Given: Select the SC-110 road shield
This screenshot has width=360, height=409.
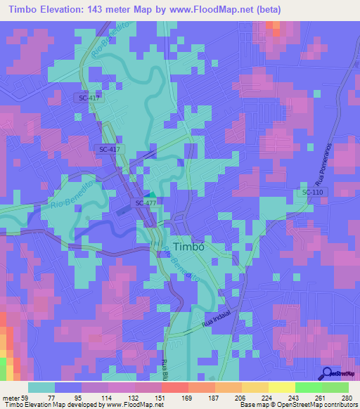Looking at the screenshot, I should [x=313, y=192].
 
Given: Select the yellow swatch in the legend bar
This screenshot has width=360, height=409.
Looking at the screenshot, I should [x=281, y=387].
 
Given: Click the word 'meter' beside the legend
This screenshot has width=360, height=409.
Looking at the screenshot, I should [x=13, y=397].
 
